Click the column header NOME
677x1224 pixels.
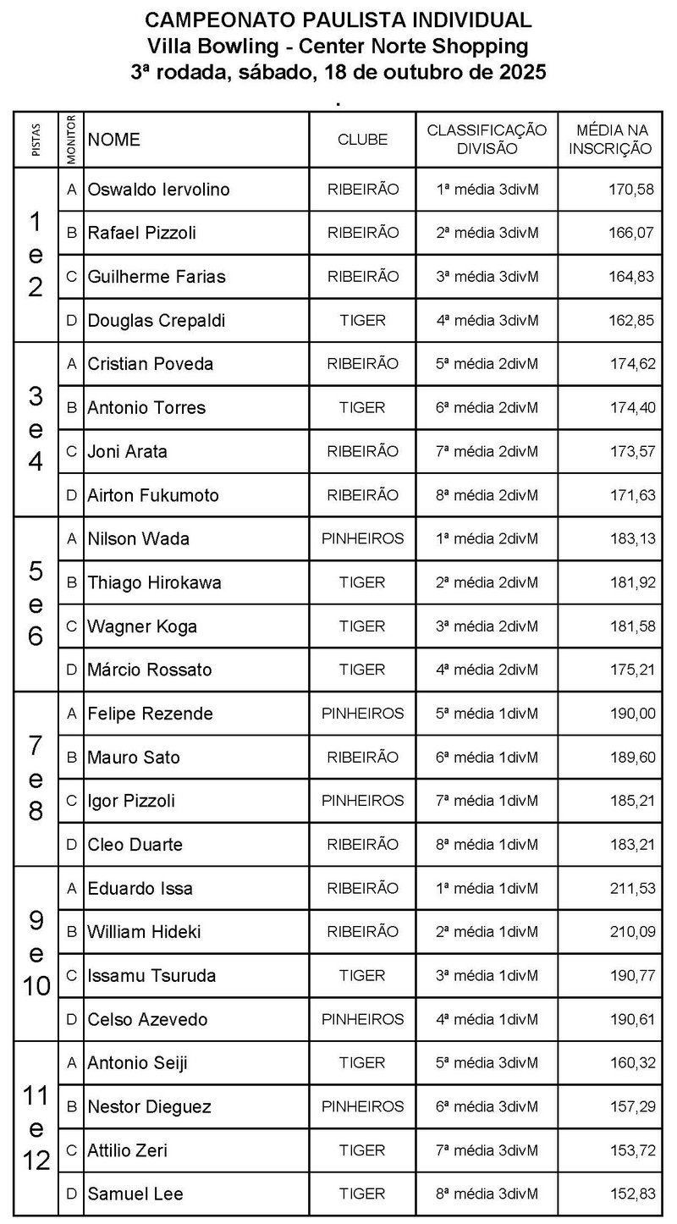114,140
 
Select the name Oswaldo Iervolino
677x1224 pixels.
158,190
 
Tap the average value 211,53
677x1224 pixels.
632,889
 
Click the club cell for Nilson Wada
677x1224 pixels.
362,539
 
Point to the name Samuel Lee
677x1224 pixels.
135,1194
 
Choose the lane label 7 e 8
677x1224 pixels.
36,779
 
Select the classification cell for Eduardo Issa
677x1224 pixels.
487,889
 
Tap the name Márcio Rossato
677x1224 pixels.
150,670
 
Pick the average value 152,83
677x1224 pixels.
632,1194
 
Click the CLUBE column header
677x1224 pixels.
362,140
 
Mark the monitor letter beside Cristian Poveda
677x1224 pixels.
72,364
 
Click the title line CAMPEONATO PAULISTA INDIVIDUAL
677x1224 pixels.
338,20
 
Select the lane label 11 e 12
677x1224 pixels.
36,1128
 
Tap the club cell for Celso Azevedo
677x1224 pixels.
362,1020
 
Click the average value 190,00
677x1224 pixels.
632,714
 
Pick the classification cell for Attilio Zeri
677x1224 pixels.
487,1151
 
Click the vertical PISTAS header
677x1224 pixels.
36,140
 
